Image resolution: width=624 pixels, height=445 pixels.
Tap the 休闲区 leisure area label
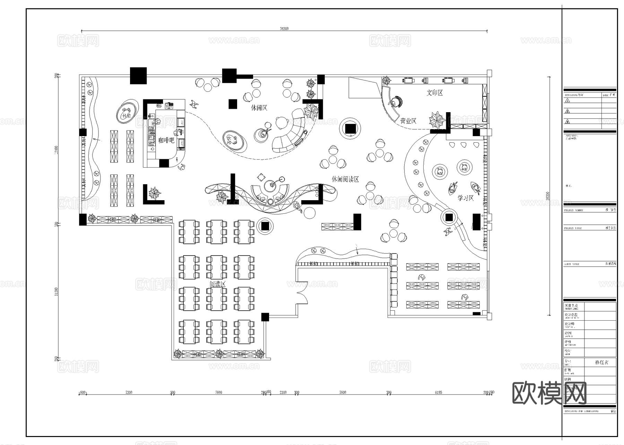(259, 108)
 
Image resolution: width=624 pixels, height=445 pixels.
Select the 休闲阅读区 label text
(345, 179)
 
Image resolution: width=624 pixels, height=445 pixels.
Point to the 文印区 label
(434, 93)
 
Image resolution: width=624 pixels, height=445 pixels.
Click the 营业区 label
(408, 121)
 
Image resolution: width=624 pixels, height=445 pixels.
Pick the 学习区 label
(465, 198)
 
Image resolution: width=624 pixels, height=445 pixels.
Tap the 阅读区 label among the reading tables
(218, 284)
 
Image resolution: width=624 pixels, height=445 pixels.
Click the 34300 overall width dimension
(284, 29)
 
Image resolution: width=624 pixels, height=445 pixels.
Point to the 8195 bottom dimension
(438, 392)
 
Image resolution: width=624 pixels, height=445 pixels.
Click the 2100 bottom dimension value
(283, 392)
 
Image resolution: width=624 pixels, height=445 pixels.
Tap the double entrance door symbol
(302, 293)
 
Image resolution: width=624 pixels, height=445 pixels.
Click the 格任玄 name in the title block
(601, 362)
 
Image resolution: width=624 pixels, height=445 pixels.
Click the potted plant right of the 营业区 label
(437, 120)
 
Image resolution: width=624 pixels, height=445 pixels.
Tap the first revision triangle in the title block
(567, 100)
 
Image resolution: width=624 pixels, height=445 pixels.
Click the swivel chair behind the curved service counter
(396, 101)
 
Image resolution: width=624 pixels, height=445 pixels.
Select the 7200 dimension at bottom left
(129, 392)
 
